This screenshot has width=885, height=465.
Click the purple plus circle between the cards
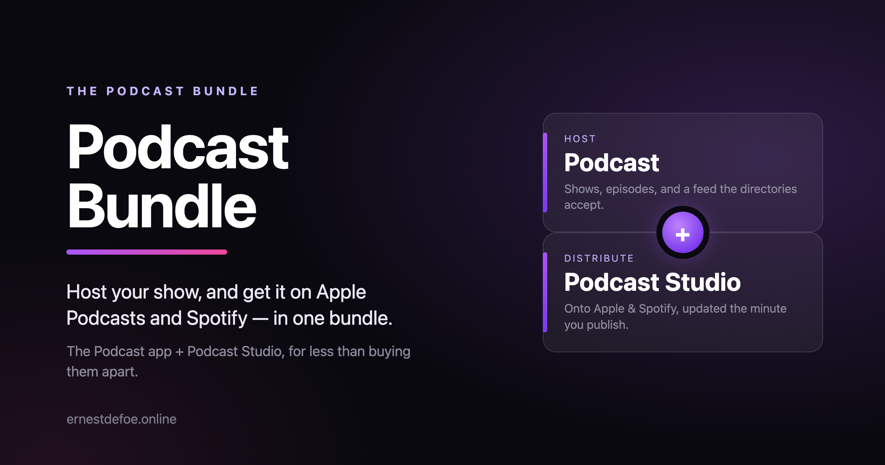coord(683,232)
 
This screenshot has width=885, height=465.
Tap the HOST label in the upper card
coord(580,139)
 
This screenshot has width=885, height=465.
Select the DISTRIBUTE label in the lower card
coord(599,258)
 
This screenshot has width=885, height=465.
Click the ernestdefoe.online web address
coord(121,419)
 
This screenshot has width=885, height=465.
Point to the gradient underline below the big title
coord(147,252)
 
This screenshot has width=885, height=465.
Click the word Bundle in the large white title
coord(162,206)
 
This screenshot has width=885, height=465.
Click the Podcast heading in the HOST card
coord(611,163)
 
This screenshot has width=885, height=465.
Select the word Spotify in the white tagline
coord(217,318)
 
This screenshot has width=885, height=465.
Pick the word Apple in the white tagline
coord(341,292)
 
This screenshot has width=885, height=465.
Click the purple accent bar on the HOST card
coord(545,172)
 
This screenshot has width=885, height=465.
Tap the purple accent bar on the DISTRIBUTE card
coord(545,292)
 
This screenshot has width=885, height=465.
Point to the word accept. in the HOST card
coord(584,205)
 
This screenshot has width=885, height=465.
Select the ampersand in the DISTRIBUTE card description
coord(632,309)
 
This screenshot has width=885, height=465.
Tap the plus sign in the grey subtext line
coord(180,352)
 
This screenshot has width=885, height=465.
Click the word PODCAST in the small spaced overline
coord(145,91)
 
